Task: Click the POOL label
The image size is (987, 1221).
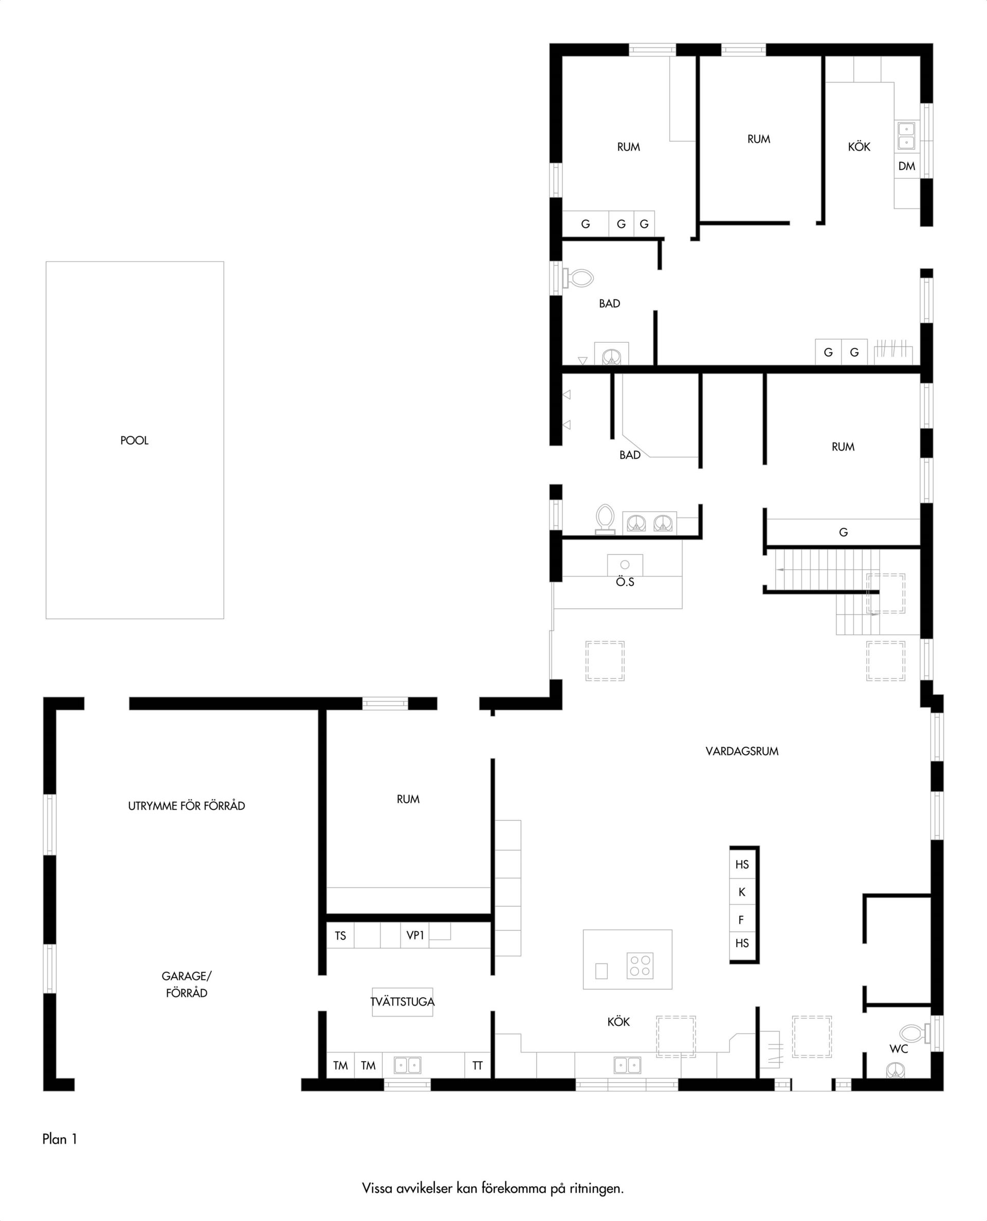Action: [x=134, y=440]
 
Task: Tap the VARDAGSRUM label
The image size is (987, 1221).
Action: [x=742, y=751]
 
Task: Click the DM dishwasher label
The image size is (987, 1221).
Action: [x=907, y=166]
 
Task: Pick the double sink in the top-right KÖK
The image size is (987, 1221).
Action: [x=906, y=135]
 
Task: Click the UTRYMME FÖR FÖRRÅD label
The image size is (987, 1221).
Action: [x=187, y=806]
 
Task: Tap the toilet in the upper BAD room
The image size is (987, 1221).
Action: [x=578, y=278]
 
